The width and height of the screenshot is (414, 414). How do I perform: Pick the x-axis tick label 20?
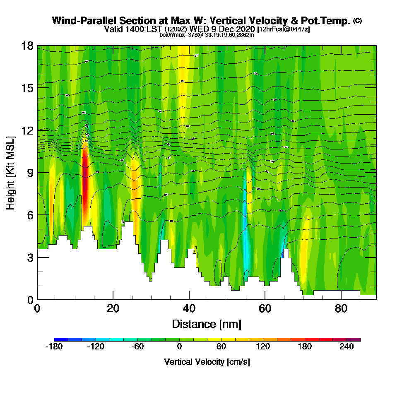pyautogui.click(x=113, y=308)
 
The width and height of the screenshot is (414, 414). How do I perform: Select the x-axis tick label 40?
pyautogui.click(x=189, y=308)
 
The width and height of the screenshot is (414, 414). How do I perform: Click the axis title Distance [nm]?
pyautogui.click(x=207, y=324)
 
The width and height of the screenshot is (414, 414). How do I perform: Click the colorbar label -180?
pyautogui.click(x=54, y=347)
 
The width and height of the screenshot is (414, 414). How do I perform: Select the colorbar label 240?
pyautogui.click(x=347, y=347)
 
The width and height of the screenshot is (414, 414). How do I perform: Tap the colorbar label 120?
pyautogui.click(x=263, y=347)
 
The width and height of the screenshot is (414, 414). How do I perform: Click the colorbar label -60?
pyautogui.click(x=137, y=347)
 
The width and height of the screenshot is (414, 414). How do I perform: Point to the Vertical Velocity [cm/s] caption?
pyautogui.click(x=207, y=362)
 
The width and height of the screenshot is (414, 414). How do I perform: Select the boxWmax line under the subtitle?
pyautogui.click(x=207, y=35)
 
